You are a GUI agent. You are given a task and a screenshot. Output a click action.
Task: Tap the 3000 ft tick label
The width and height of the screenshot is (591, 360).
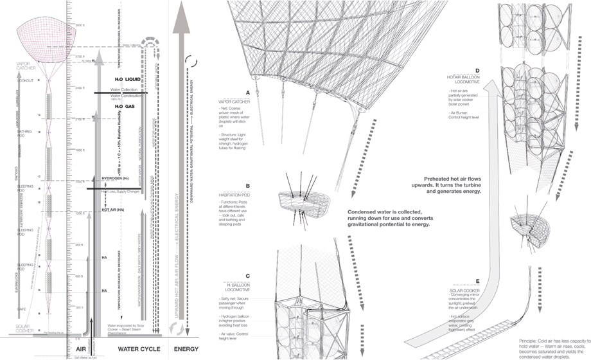80,24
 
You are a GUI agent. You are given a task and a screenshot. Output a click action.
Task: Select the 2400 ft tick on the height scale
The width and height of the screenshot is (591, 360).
80,87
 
